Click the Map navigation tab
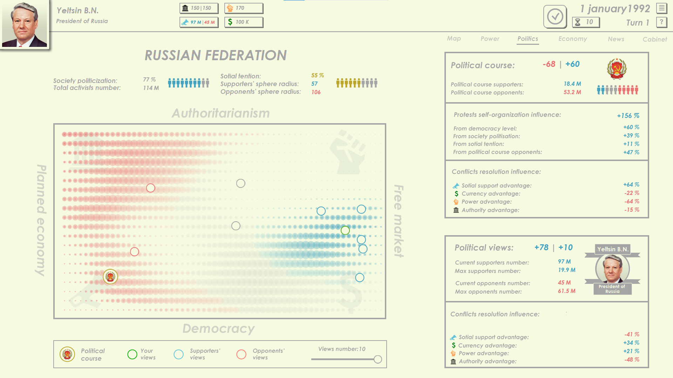pyautogui.click(x=454, y=38)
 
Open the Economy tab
pyautogui.click(x=572, y=38)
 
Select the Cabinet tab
pyautogui.click(x=654, y=39)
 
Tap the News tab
pyautogui.click(x=616, y=39)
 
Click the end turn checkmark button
pyautogui.click(x=555, y=16)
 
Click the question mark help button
pyautogui.click(x=661, y=22)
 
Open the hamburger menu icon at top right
pyautogui.click(x=661, y=8)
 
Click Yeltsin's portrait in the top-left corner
pyautogui.click(x=25, y=24)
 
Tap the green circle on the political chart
pyautogui.click(x=345, y=230)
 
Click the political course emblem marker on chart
pyautogui.click(x=110, y=277)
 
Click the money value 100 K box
pyautogui.click(x=244, y=22)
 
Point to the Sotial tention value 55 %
pyautogui.click(x=317, y=76)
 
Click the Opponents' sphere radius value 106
pyautogui.click(x=316, y=92)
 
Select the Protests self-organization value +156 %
pyautogui.click(x=628, y=115)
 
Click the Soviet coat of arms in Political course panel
pyautogui.click(x=617, y=69)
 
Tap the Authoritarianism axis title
pyautogui.click(x=220, y=113)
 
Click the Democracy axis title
pyautogui.click(x=218, y=329)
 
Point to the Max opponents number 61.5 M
pyautogui.click(x=566, y=291)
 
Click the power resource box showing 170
pyautogui.click(x=244, y=8)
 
